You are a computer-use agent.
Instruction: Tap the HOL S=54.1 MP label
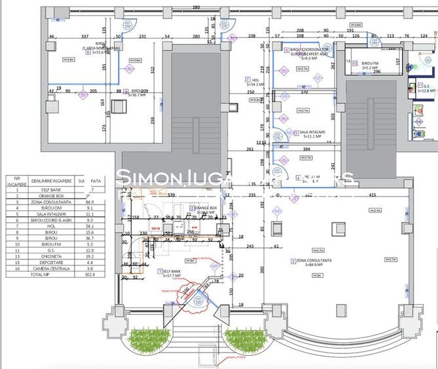pyautogui.click(x=255, y=81)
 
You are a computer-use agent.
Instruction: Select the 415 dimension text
pyautogui.click(x=372, y=195)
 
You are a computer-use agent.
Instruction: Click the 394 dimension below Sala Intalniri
pyautogui.click(x=306, y=149)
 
